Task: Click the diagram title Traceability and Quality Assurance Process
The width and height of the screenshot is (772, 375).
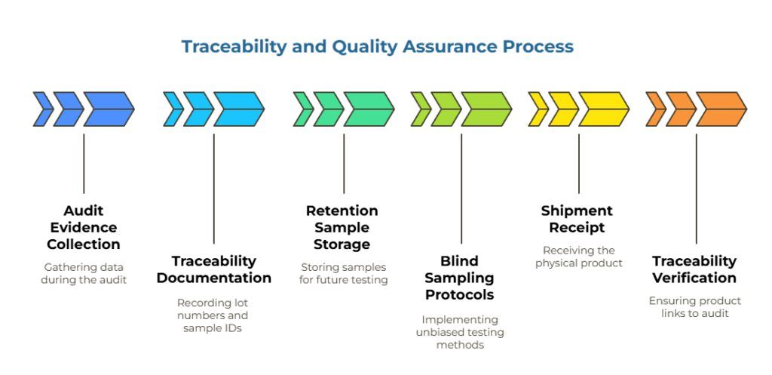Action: point(377,47)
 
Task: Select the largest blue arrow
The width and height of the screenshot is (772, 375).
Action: point(108,109)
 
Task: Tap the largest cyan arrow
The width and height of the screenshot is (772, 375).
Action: point(237,109)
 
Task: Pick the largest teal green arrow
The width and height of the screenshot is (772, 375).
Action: point(368,109)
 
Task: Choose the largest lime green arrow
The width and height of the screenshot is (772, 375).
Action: point(486,109)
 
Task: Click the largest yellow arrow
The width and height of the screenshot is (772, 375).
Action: point(602,109)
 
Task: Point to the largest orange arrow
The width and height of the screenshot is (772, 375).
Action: point(719,109)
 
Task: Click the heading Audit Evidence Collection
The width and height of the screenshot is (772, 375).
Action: point(84,227)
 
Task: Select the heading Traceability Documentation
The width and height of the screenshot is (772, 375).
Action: point(213,269)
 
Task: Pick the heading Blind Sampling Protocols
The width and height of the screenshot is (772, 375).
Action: point(460,277)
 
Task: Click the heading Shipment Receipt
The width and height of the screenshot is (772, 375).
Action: point(577,219)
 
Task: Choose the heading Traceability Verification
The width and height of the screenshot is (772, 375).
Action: point(694,269)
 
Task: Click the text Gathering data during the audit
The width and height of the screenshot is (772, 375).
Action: point(84,273)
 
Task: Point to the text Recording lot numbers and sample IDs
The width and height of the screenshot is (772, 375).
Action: point(213,315)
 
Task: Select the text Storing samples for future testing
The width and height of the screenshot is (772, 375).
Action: point(343,273)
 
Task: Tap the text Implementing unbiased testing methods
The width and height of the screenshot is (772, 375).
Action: point(460,332)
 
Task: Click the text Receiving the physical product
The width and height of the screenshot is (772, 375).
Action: point(578,257)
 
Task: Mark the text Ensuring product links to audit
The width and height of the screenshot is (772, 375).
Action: point(694,306)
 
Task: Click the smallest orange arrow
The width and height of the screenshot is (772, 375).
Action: point(654,109)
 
